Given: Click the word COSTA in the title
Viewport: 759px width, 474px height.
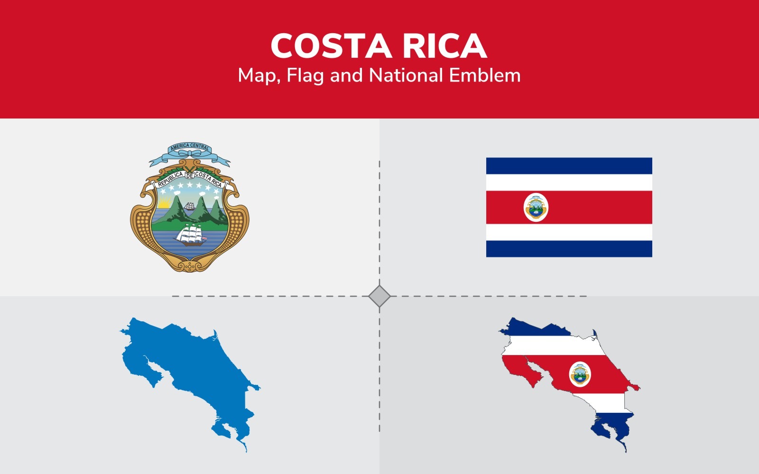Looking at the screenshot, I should (331, 46).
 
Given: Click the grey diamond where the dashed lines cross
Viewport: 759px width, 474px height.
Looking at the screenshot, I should (379, 296).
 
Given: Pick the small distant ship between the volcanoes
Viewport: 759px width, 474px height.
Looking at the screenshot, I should (190, 207).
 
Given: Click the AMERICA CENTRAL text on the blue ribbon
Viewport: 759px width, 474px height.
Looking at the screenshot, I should (190, 146).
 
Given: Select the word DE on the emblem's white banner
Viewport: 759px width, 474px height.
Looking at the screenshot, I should (189, 176).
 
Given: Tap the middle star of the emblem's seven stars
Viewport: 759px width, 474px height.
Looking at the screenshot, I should (190, 185).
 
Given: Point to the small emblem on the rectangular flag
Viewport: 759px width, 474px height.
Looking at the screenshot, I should (536, 208).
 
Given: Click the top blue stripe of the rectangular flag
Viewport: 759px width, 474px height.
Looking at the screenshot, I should (569, 166).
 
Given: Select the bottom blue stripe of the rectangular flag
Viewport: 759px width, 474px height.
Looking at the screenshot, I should (569, 249).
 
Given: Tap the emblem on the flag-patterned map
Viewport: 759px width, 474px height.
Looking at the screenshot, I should (580, 374).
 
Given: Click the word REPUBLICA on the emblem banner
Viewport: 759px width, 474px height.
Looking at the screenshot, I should (170, 179).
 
